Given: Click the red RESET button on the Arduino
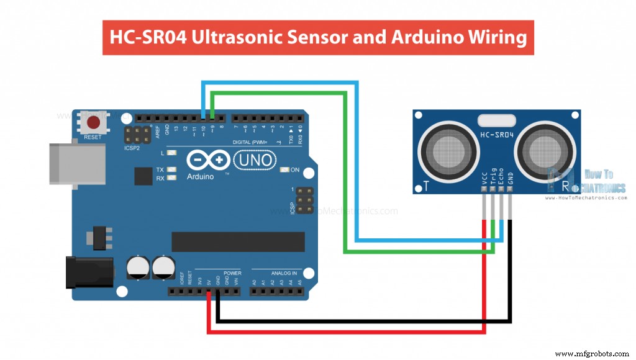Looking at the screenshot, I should point(94,122).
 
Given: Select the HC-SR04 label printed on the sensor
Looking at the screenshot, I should point(497,135).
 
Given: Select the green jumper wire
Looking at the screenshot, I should point(345,174).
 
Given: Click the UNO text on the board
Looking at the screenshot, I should point(254,160).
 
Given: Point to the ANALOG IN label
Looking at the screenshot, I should point(284,272).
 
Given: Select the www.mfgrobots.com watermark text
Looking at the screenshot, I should point(591,353).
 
